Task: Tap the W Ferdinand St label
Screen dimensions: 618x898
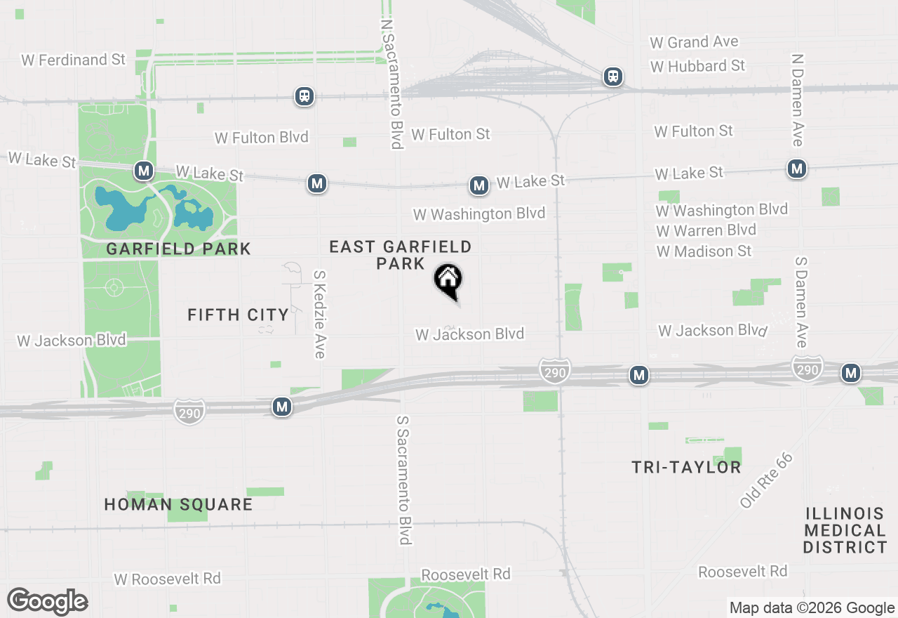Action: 73,60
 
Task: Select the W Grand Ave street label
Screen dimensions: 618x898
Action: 694,42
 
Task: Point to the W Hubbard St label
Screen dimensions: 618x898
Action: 697,66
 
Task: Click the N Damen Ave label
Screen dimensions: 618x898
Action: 797,100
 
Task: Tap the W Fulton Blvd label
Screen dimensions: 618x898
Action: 261,137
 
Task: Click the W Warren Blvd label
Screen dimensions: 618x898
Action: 706,230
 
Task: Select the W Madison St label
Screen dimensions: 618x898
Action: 704,251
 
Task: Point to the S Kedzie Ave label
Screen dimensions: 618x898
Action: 320,315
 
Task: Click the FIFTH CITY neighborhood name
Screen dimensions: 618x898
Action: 238,315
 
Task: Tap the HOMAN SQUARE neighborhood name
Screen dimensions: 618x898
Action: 178,504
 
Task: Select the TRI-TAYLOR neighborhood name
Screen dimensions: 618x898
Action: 686,467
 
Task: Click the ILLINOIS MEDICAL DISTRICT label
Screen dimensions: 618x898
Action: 845,530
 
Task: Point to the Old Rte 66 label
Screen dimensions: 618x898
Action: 766,480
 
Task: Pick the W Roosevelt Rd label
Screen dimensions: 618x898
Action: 167,579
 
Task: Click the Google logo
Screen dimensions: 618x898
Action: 47,602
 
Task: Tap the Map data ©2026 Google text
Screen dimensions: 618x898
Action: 812,608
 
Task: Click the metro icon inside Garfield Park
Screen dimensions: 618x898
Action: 144,170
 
